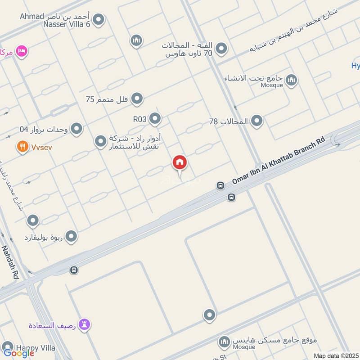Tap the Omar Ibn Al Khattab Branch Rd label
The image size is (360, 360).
tap(278, 160)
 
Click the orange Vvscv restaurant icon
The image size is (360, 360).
tap(21, 147)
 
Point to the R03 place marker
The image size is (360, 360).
tap(155, 119)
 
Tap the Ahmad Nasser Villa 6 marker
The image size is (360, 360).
tap(99, 19)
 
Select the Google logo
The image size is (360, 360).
tap(19, 353)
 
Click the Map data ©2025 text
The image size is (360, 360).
tap(336, 355)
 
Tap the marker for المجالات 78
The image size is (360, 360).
tap(256, 121)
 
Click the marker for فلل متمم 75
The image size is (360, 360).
tap(137, 99)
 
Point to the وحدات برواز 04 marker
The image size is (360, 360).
tap(76, 129)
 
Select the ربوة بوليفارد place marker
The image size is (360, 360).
tap(71, 236)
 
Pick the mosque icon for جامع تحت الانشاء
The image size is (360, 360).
tap(292, 81)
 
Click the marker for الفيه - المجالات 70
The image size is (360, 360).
tap(221, 49)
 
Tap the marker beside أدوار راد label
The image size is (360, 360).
tap(100, 142)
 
